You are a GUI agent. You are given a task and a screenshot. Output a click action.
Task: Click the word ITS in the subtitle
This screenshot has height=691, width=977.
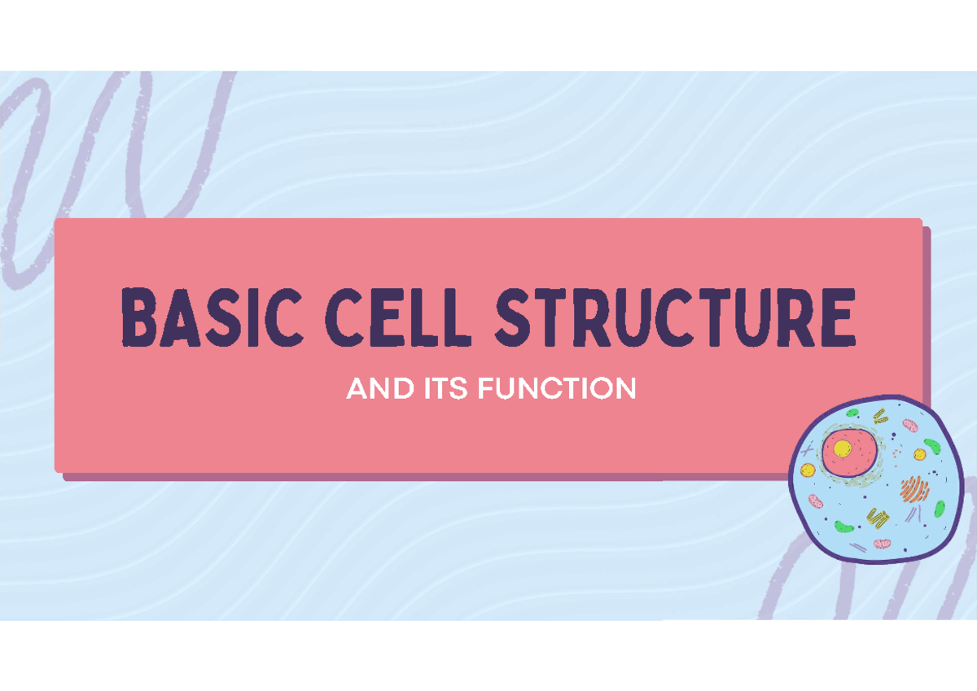(x=445, y=389)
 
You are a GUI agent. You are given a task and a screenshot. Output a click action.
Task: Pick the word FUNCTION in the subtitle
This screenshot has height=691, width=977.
(x=557, y=389)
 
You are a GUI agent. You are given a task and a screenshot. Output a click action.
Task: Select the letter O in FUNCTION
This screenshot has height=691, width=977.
(x=604, y=389)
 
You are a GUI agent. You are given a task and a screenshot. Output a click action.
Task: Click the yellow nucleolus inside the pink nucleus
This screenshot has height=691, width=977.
(x=842, y=448)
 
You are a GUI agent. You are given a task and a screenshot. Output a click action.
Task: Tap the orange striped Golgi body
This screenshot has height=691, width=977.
(x=914, y=488)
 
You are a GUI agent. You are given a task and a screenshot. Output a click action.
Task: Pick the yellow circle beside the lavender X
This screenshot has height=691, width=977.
(x=808, y=470)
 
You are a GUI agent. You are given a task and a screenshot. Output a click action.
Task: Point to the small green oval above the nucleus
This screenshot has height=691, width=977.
(x=852, y=413)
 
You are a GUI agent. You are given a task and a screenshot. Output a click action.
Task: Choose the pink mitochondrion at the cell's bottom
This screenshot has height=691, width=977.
(x=883, y=543)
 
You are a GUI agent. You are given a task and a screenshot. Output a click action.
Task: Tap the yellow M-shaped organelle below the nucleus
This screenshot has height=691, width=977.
(x=876, y=516)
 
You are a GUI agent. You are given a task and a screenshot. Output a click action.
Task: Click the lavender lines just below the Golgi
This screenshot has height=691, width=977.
(x=912, y=513)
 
